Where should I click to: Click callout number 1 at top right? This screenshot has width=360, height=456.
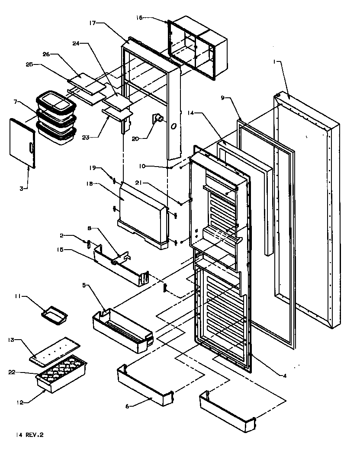tap(274, 62)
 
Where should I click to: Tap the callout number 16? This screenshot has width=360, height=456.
tap(139, 18)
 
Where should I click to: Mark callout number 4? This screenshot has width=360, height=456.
tap(285, 375)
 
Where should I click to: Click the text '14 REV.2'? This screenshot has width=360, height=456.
tap(25, 435)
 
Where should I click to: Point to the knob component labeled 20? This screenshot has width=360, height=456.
tap(158, 119)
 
